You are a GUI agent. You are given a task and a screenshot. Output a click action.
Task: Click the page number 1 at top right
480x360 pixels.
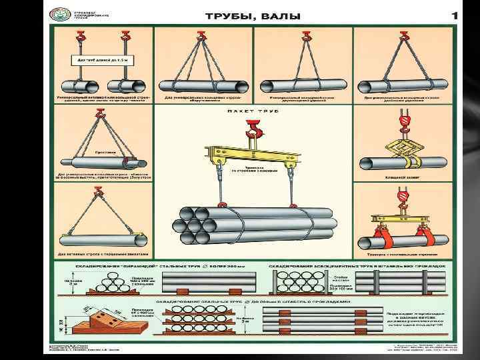455,15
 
